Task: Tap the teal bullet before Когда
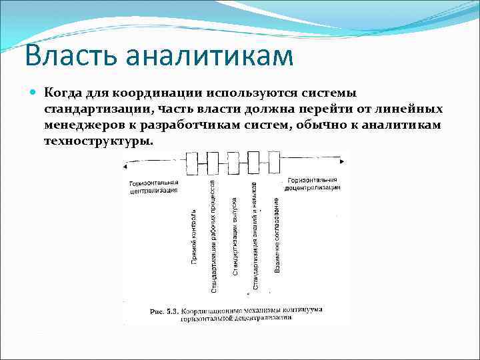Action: pyautogui.click(x=33, y=93)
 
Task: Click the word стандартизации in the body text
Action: pyautogui.click(x=92, y=109)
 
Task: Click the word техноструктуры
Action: pyautogui.click(x=98, y=141)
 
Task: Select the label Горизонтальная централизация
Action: pyautogui.click(x=154, y=185)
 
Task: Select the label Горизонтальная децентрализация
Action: pyautogui.click(x=313, y=183)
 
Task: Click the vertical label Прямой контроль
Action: pyautogui.click(x=193, y=237)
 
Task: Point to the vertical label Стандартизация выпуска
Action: pyautogui.click(x=235, y=237)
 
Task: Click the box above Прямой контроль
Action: pyautogui.click(x=192, y=161)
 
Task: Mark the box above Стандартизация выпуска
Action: pyautogui.click(x=233, y=161)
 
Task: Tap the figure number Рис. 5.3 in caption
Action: pyautogui.click(x=164, y=311)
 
